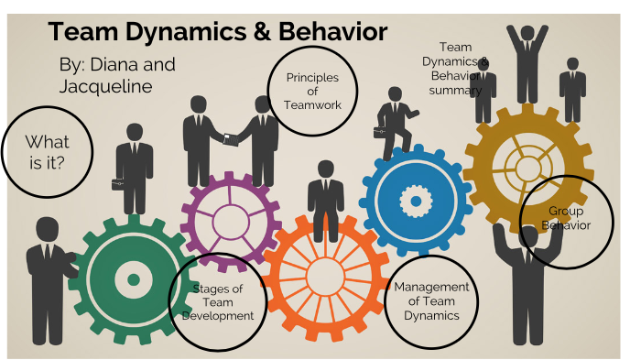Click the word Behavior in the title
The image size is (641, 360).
(331, 33)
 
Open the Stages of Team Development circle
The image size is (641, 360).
(218, 302)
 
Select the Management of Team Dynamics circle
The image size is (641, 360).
(431, 301)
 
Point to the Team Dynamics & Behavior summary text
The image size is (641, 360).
(456, 69)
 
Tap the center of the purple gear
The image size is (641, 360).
(230, 219)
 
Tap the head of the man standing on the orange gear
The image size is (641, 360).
(325, 169)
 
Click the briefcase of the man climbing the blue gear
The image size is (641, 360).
(378, 133)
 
